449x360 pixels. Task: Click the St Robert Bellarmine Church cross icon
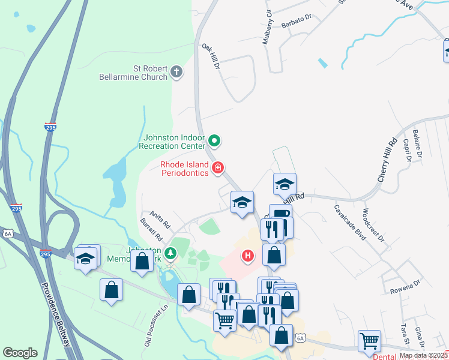176,73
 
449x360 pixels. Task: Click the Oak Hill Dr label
211,56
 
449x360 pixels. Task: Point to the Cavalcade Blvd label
350,221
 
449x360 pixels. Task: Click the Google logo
20,353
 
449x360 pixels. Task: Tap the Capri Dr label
407,150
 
